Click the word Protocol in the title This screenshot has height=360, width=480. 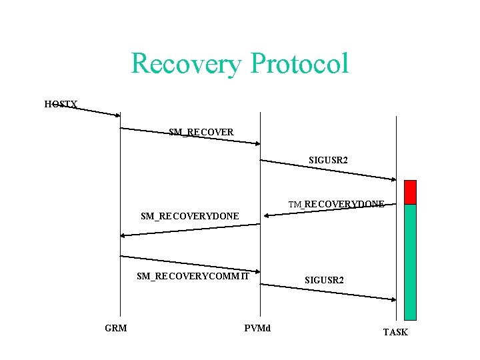click(299, 64)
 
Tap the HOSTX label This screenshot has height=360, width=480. click(61, 104)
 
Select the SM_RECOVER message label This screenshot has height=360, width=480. click(201, 132)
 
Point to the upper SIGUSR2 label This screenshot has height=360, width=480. click(328, 161)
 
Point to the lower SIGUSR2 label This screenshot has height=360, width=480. click(324, 280)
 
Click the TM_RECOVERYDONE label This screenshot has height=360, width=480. click(336, 204)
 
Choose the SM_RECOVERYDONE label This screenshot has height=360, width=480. click(190, 216)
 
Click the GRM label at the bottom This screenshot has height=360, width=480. click(116, 328)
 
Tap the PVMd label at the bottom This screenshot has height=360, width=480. click(257, 328)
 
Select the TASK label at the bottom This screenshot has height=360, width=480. click(395, 332)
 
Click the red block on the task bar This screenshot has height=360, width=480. click(410, 192)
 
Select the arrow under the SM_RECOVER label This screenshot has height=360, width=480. click(190, 136)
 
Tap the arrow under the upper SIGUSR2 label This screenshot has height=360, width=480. click(328, 170)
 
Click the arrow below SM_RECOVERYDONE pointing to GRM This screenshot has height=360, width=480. click(190, 230)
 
